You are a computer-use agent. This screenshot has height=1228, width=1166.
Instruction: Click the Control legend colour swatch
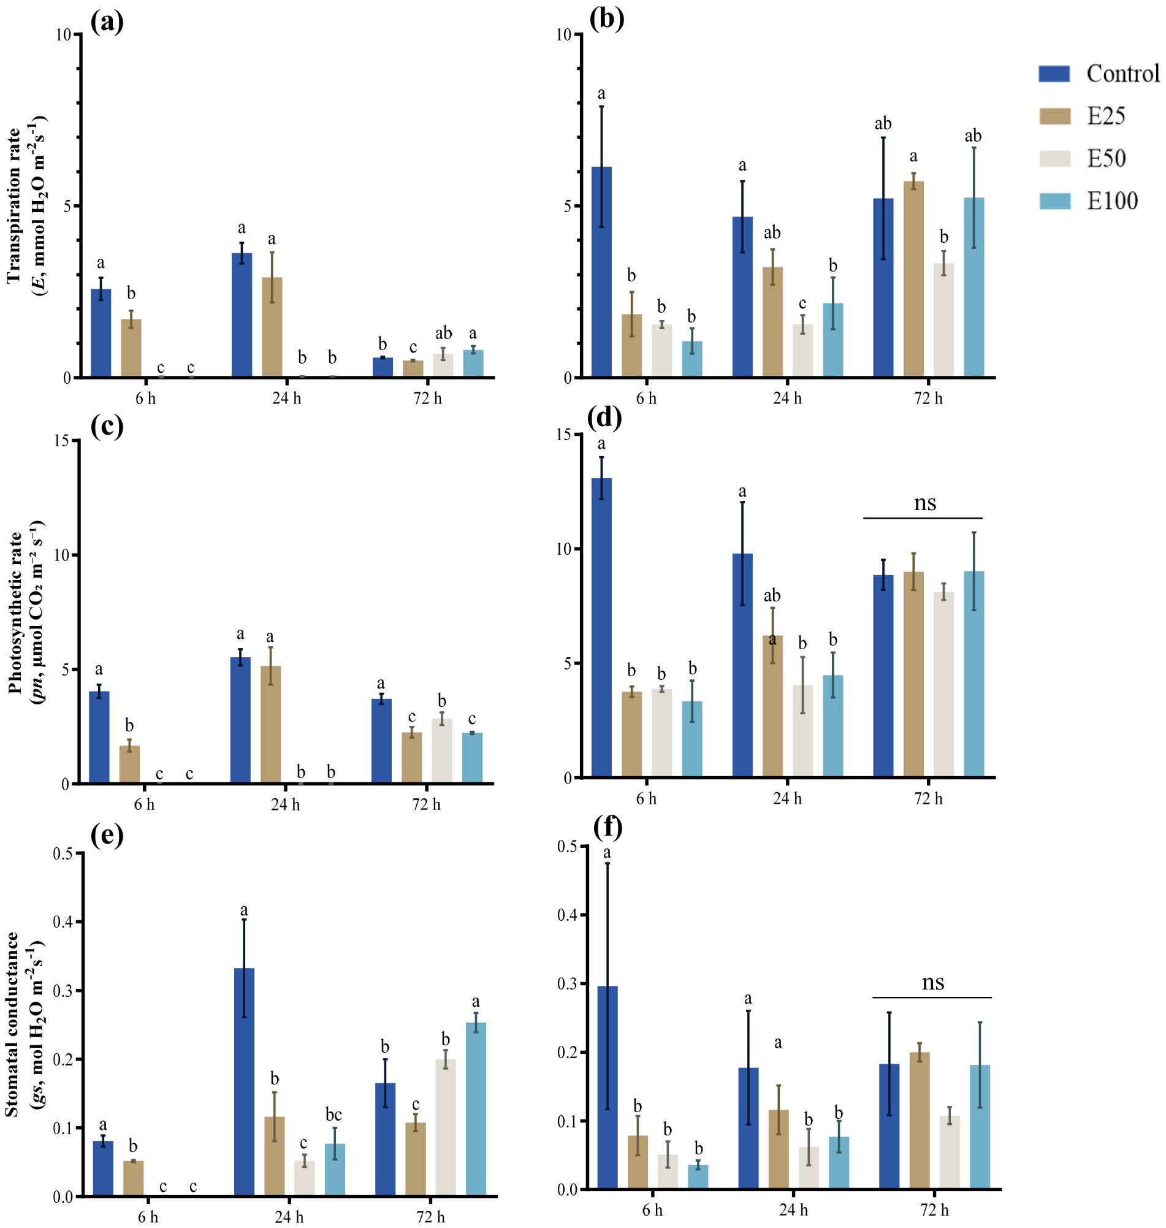[x=1054, y=74]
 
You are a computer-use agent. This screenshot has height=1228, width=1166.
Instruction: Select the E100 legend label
[x=1112, y=200]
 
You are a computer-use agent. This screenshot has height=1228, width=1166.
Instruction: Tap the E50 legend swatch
[x=1055, y=158]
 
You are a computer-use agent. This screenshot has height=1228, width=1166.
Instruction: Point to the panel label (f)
[x=608, y=826]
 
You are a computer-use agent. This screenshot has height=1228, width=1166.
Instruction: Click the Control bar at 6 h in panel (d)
[x=601, y=628]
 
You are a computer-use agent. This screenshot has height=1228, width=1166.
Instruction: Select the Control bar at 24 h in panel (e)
[x=244, y=1081]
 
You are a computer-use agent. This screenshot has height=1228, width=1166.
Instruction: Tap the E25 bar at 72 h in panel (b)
[x=913, y=279]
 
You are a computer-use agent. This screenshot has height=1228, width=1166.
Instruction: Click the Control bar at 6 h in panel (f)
[x=608, y=1088]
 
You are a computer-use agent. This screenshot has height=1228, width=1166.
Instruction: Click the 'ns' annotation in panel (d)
[x=924, y=502]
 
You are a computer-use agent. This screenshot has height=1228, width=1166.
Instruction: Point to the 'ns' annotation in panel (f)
[x=932, y=982]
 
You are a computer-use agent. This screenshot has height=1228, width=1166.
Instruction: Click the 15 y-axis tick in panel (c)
[x=62, y=441]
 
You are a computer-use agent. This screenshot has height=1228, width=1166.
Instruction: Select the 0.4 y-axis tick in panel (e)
[x=62, y=921]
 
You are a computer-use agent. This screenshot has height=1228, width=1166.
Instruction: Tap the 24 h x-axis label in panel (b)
[x=787, y=399]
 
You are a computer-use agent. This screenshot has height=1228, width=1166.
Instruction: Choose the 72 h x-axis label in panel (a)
[x=427, y=399]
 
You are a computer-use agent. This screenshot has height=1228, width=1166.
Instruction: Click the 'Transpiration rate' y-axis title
[x=13, y=206]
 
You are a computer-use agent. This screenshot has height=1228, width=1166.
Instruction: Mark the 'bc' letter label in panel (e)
[x=333, y=1115]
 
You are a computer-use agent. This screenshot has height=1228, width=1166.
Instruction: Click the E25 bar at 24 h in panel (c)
[x=270, y=725]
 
